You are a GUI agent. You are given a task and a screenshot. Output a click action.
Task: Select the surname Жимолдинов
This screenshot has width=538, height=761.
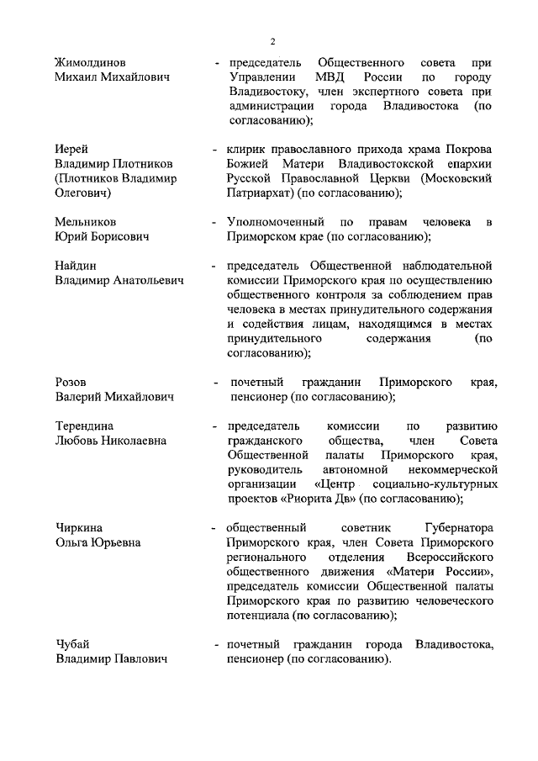coord(91,63)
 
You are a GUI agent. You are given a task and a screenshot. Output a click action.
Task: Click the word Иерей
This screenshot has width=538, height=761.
coord(72,149)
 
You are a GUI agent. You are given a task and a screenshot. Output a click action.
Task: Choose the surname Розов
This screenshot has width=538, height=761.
coord(71,383)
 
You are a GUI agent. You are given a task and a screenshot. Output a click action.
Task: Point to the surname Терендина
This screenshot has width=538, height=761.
coord(84,426)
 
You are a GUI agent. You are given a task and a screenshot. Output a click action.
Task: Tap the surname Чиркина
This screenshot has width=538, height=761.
coord(79,528)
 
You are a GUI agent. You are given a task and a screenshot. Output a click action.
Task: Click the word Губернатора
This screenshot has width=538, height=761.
coord(462,528)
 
